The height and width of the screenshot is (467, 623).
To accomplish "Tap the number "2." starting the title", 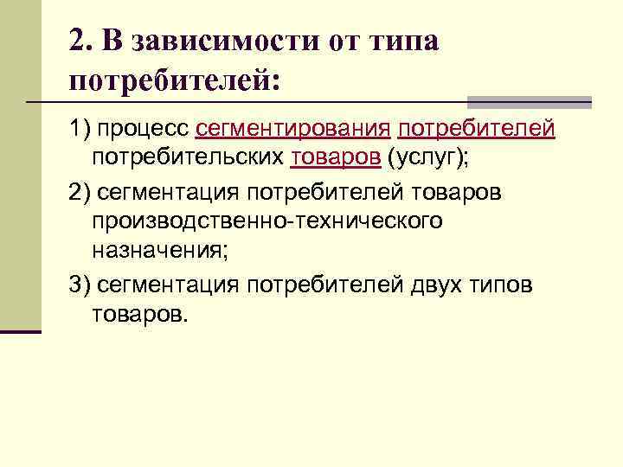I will [82, 42].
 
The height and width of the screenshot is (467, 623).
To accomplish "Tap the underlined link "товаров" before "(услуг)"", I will [336, 158].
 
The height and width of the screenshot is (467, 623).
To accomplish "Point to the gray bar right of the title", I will [529, 101].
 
